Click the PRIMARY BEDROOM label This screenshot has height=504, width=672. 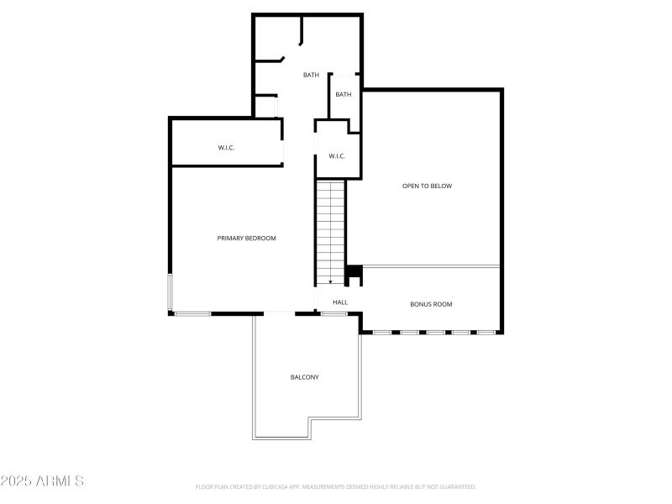[x=246, y=239]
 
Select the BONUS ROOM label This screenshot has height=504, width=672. [x=431, y=304]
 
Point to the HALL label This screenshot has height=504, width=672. [x=340, y=302]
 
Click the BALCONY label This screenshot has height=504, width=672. [x=305, y=377]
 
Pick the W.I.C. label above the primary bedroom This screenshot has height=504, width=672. [x=226, y=148]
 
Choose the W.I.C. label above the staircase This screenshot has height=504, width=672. [x=337, y=156]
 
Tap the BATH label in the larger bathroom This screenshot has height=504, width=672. [x=311, y=76]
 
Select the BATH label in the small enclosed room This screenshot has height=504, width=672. [x=344, y=95]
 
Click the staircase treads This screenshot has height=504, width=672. [x=331, y=227]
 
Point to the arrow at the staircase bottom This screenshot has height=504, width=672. [x=331, y=281]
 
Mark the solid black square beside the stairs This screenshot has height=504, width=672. [x=354, y=271]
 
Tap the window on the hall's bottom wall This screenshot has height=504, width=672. [x=333, y=313]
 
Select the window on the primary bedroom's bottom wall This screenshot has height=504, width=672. [x=192, y=313]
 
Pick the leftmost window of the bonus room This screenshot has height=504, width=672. [x=382, y=333]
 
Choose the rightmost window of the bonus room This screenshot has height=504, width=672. [x=486, y=333]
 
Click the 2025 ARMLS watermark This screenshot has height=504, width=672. [x=42, y=481]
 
